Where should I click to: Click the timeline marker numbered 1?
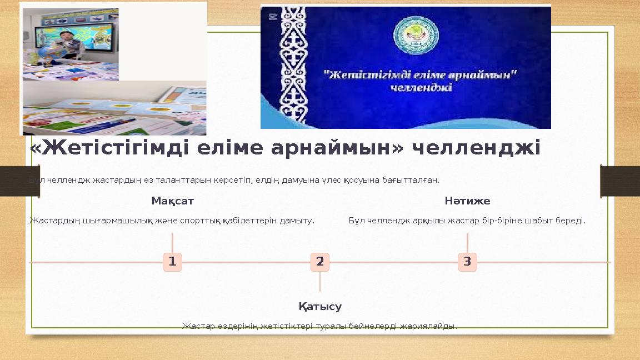tap(172, 262)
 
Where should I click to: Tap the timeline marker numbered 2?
tap(320, 262)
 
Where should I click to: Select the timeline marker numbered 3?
tap(467, 262)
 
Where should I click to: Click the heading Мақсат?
tap(172, 201)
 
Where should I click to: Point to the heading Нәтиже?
tap(467, 201)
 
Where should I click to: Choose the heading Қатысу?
tap(320, 307)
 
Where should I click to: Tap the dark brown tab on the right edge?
tap(620, 181)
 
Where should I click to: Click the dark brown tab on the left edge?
tap(19, 181)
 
